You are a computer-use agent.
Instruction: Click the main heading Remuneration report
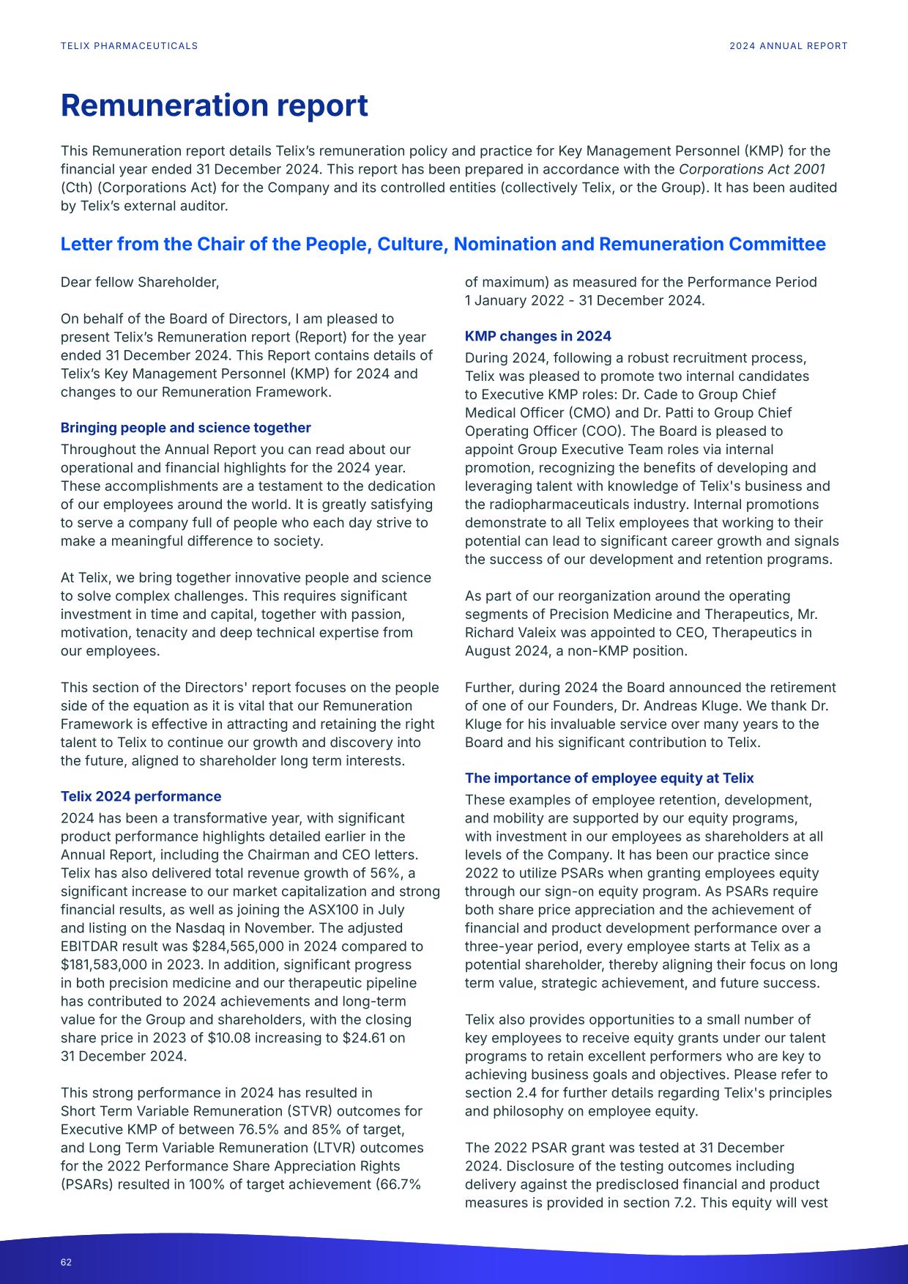[214, 105]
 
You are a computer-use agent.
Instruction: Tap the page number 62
[67, 1262]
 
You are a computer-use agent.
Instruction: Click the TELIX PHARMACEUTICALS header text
[129, 45]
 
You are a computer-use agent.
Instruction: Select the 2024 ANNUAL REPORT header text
[788, 45]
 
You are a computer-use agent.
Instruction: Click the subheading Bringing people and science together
[185, 428]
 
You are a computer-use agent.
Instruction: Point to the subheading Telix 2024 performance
[141, 796]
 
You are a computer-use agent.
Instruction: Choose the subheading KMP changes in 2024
[537, 336]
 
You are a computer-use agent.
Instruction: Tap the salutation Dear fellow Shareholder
[139, 282]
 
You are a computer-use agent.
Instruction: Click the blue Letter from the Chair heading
[442, 244]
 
